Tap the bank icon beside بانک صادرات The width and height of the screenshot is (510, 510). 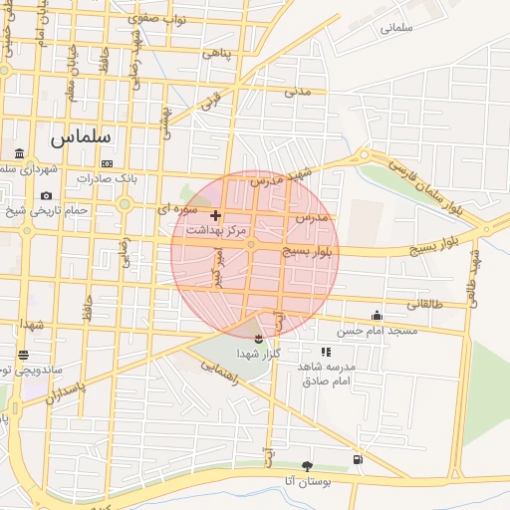(x=108, y=163)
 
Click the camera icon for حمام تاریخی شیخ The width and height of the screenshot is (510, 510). (x=46, y=195)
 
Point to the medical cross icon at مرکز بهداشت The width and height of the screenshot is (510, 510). (x=215, y=215)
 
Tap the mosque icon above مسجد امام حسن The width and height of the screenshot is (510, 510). (x=377, y=316)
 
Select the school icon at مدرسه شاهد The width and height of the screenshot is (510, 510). (x=326, y=352)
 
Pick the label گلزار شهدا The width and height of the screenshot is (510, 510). (x=261, y=355)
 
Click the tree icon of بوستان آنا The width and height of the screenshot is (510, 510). (x=306, y=465)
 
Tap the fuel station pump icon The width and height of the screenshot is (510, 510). (x=358, y=459)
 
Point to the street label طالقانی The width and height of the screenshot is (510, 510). (x=422, y=302)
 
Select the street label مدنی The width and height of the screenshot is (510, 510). (x=298, y=91)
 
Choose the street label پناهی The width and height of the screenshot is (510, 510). (x=216, y=51)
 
